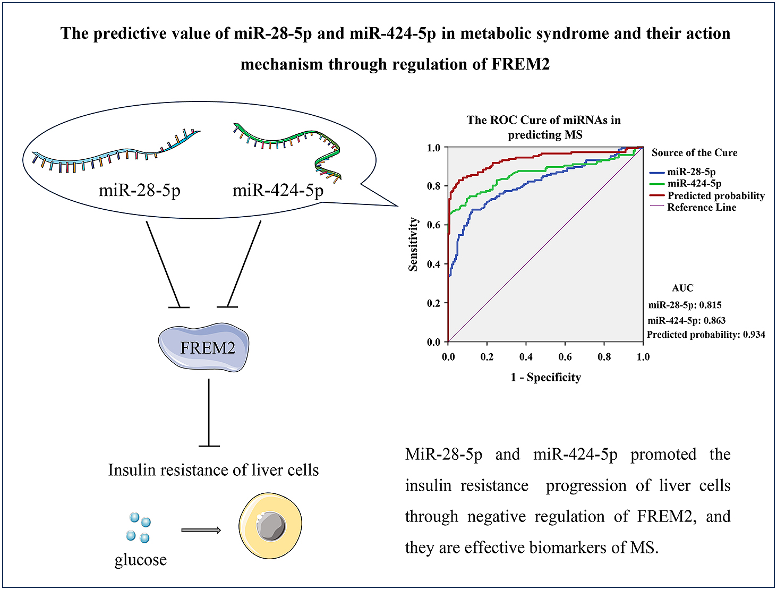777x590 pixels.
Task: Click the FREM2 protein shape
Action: tap(203, 347)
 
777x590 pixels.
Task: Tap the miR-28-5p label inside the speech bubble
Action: tap(140, 191)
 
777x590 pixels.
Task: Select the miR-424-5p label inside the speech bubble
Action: tap(278, 191)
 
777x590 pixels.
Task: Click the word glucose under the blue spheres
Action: tap(141, 560)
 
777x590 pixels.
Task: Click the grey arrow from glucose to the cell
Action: tap(201, 530)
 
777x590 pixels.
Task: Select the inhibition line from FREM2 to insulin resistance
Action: tap(209, 413)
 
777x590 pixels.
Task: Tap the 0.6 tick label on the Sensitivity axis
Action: tap(433, 225)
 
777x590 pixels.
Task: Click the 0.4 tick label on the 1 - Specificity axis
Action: tap(526, 356)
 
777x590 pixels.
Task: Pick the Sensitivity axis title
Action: tap(413, 244)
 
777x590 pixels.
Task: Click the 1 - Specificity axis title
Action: tap(545, 378)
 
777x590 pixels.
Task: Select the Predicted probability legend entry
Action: tap(707, 195)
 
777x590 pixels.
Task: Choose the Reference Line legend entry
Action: tap(693, 207)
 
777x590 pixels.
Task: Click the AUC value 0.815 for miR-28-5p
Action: tap(711, 305)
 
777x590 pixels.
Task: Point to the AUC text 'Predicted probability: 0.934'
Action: tap(706, 335)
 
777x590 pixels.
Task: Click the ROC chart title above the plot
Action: tap(544, 127)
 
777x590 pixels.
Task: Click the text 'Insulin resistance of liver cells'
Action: tap(214, 471)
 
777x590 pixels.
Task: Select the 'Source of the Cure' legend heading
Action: tap(695, 152)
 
